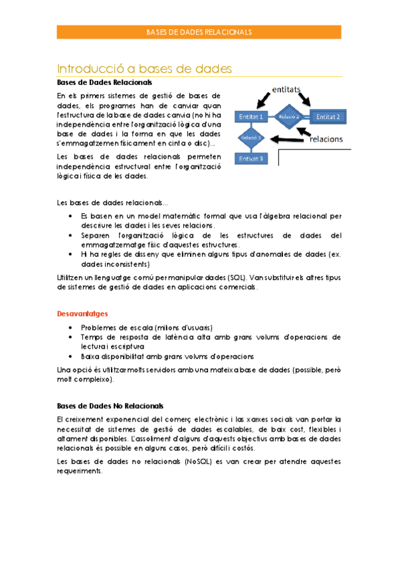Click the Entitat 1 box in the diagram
[251, 117]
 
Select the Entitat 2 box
[328, 117]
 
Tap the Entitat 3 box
[251, 159]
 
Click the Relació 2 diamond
[290, 117]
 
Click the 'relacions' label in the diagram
[324, 139]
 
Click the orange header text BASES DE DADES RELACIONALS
[199, 32]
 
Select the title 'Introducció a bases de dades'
[144, 68]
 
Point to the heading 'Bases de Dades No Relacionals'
[110, 406]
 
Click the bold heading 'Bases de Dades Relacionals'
[104, 83]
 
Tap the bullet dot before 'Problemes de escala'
[72, 328]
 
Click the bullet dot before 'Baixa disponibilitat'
[72, 356]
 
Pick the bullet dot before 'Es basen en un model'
[72, 216]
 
